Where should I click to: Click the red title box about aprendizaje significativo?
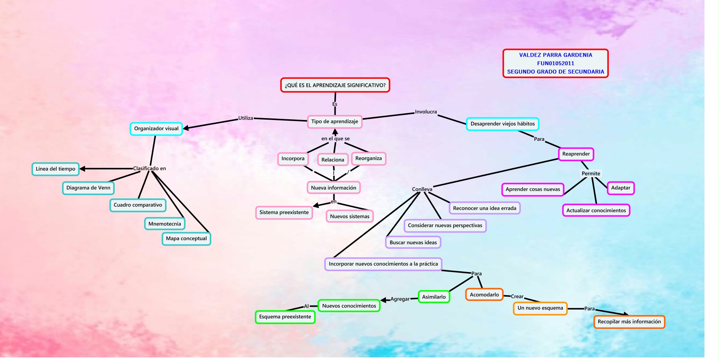(335, 85)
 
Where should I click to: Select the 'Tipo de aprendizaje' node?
(335, 121)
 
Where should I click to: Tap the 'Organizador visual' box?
(156, 129)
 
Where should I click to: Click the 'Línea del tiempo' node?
(56, 169)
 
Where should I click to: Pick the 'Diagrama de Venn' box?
(88, 188)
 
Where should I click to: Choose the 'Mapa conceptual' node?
(186, 239)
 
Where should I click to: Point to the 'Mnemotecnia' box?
(164, 224)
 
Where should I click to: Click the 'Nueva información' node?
(333, 188)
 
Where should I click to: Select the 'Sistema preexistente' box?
(284, 212)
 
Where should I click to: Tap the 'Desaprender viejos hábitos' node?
(502, 124)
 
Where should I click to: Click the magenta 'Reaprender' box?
(576, 154)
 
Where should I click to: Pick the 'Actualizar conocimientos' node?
(596, 211)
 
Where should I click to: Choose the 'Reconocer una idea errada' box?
(484, 208)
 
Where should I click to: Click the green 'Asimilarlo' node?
(434, 297)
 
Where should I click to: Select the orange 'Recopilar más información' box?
(629, 322)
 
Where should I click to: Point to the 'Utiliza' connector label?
(245, 118)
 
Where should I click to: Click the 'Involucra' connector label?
(426, 112)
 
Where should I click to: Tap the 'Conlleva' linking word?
(422, 189)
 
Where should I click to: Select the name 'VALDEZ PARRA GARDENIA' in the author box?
(555, 55)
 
